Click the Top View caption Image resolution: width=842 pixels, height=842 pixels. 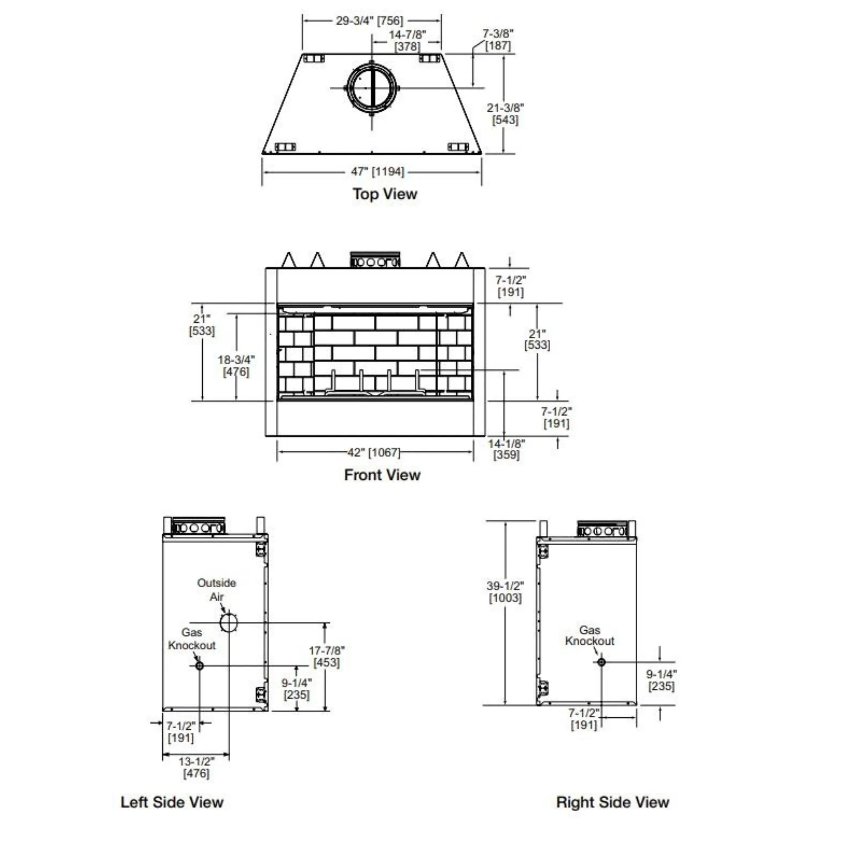[385, 194]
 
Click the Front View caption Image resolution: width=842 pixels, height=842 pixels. [382, 474]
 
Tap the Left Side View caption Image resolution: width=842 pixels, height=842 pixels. [172, 801]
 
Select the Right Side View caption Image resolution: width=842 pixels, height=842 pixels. [612, 801]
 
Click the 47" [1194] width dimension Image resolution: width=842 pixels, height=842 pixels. [377, 172]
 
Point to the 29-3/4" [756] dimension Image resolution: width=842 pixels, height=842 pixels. [370, 21]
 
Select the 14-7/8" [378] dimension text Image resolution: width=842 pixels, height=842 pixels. [407, 40]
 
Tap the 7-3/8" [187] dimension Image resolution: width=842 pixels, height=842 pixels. [498, 39]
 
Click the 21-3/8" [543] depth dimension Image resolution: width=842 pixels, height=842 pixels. [505, 113]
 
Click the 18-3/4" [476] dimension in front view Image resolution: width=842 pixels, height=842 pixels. [236, 365]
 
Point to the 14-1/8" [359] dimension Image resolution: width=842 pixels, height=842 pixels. [507, 449]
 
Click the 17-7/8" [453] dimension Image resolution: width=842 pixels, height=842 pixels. [327, 656]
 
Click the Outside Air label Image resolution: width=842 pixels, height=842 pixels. [217, 590]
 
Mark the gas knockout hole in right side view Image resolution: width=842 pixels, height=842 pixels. [601, 662]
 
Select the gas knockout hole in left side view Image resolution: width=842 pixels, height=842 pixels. [199, 666]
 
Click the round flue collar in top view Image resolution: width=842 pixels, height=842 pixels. [372, 88]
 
